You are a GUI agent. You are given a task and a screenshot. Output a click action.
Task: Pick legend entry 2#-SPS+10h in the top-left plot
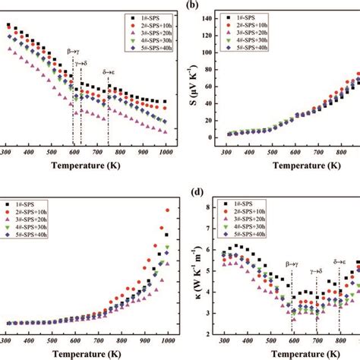click(141, 24)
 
